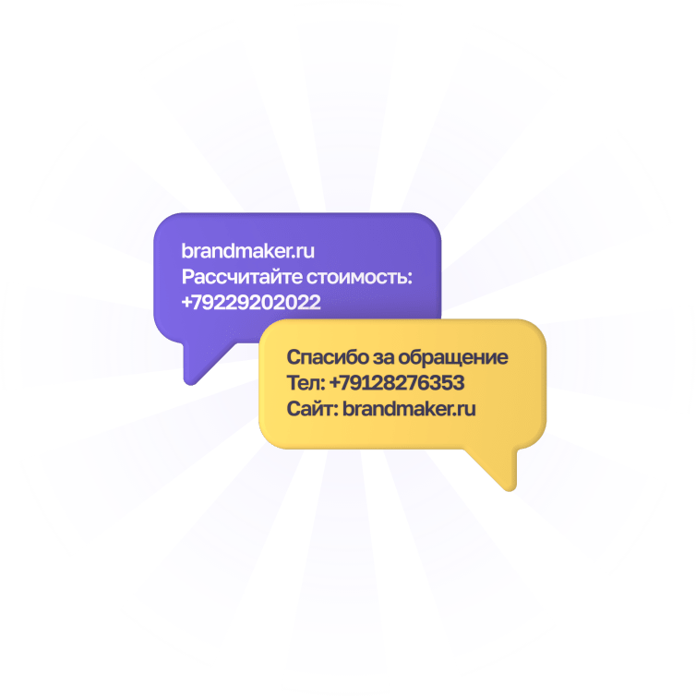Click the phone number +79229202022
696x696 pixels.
[x=251, y=302]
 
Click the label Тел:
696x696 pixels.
[x=305, y=383]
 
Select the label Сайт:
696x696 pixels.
[x=312, y=409]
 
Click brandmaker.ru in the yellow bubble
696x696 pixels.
[x=409, y=409]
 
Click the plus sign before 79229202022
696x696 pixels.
[x=187, y=302]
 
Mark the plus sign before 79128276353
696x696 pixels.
[x=334, y=383]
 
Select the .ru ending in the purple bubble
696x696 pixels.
[x=306, y=250]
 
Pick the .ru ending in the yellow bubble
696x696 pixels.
[x=465, y=409]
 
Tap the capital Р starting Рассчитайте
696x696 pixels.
[x=187, y=276]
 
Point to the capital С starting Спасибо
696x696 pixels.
[x=294, y=357]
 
